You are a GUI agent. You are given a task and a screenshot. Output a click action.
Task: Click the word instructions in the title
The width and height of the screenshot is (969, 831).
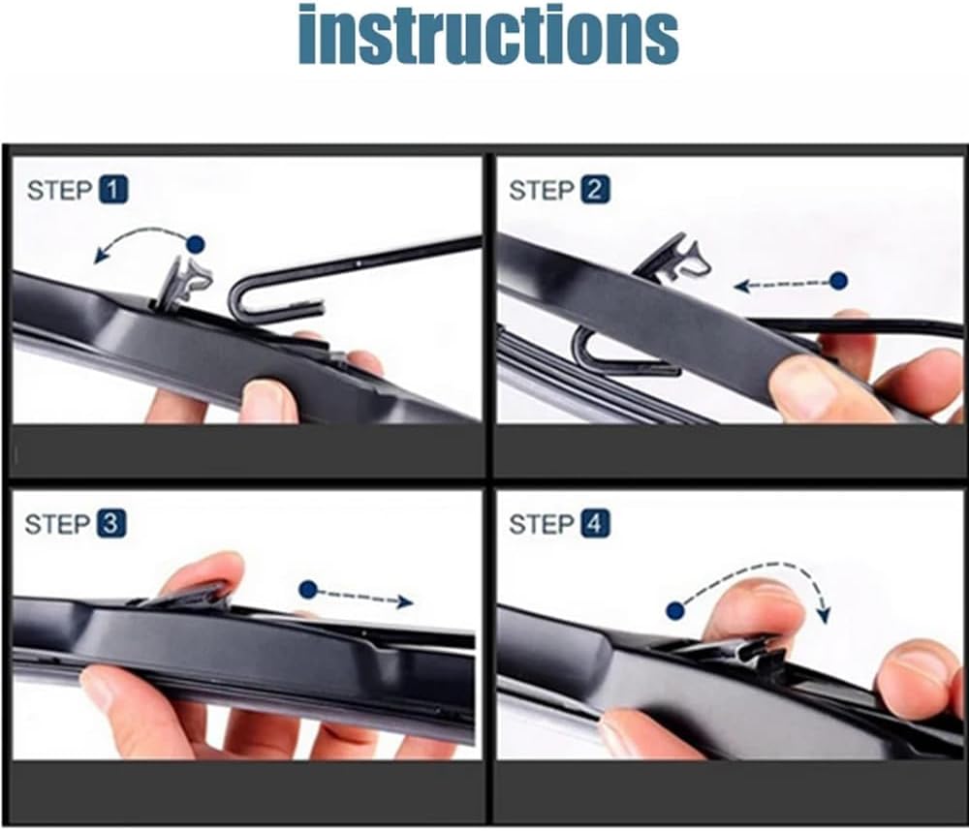point(488,35)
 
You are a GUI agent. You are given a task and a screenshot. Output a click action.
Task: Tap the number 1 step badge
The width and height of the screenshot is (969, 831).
point(113,189)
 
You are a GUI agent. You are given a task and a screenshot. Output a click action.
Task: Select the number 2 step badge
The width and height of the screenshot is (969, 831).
point(595,189)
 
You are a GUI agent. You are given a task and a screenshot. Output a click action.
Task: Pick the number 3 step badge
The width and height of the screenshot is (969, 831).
point(110,524)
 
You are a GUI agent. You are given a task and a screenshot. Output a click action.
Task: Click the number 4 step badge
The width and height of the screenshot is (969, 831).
point(595,524)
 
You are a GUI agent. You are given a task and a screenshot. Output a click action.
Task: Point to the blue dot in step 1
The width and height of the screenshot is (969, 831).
point(196,244)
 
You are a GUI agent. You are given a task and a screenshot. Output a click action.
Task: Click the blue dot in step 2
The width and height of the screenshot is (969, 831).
point(838,281)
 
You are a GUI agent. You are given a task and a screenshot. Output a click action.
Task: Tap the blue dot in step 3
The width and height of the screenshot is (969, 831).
point(308,590)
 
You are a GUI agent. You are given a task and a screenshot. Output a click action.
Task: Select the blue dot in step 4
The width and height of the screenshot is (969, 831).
point(675,612)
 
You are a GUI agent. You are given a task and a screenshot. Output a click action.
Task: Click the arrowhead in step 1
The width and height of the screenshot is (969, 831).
point(100,255)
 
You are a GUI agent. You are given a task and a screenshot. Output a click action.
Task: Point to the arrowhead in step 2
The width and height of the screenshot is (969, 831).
point(742,286)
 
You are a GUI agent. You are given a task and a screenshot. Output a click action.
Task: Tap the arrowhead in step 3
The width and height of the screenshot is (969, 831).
point(405,601)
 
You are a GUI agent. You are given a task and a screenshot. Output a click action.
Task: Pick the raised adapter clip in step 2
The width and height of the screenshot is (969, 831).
point(672,260)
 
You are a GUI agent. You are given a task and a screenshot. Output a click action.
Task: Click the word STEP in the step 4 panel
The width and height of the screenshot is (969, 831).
point(542,525)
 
